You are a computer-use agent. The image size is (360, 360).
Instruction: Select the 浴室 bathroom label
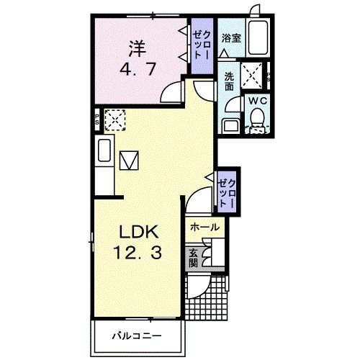[x=232, y=37]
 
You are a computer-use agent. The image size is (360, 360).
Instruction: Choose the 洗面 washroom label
[x=228, y=81]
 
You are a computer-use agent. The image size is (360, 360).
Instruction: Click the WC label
[x=256, y=102]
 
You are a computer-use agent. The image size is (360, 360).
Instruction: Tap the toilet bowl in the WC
[x=257, y=122]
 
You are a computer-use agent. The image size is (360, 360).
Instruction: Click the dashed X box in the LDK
[x=114, y=119]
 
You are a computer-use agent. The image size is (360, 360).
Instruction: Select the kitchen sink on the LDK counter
[x=104, y=153]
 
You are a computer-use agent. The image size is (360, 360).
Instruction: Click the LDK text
[x=137, y=233]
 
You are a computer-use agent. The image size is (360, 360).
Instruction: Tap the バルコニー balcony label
[x=136, y=336]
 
